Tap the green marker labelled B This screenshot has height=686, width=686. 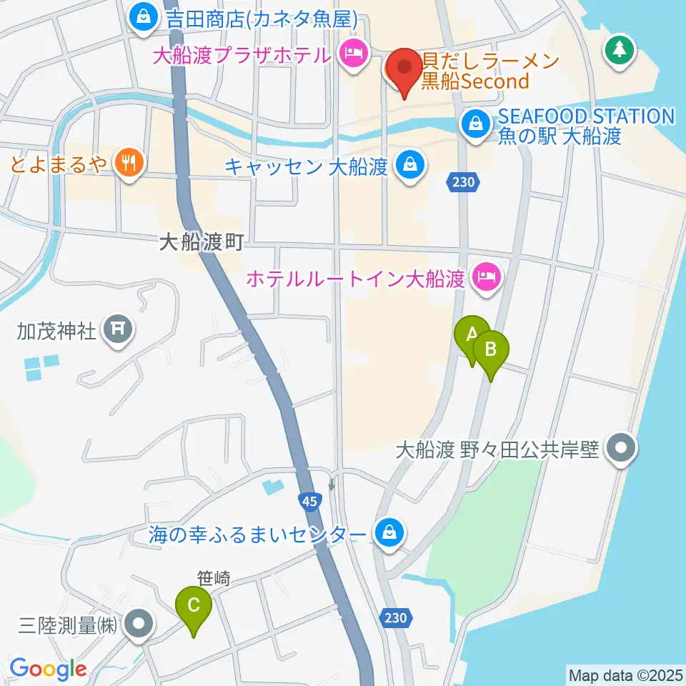491,350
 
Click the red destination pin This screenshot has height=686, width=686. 406,68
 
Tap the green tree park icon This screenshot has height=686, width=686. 618,51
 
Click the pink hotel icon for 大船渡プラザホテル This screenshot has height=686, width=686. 352,54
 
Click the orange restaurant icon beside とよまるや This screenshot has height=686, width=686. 129,163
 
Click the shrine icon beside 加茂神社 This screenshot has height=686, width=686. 118,329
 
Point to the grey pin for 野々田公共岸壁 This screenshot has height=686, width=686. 619,449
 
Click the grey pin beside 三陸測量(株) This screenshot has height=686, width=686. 138,624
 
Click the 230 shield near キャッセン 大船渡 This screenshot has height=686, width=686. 463,182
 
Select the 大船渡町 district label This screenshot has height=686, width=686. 202,244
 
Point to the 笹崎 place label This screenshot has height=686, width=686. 213,580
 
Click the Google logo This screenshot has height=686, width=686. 48,669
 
